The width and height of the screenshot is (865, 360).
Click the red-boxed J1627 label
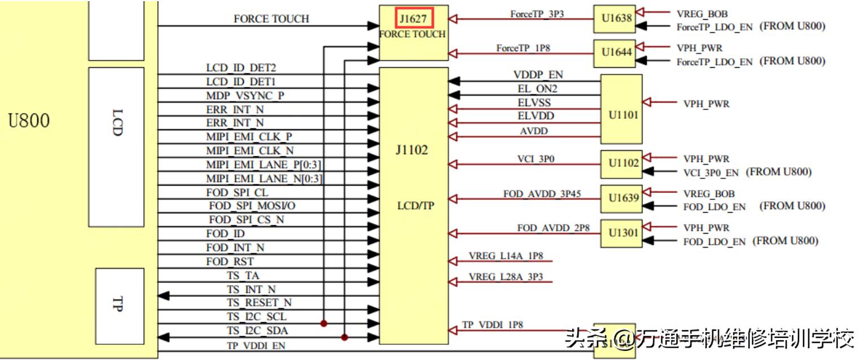(414, 19)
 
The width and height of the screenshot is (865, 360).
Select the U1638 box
(614, 19)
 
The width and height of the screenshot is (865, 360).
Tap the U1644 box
(614, 53)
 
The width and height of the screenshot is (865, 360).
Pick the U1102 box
(621, 164)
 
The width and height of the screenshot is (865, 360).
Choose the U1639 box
(621, 199)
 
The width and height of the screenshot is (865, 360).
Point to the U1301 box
(621, 233)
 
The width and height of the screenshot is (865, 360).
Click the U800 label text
(29, 120)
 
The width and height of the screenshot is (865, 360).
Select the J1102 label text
(412, 151)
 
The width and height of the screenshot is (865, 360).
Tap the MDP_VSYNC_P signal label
(245, 95)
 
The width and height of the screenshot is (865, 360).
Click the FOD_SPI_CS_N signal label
(246, 219)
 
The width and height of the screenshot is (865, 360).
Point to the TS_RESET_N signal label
(260, 303)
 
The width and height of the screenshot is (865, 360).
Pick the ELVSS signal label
(534, 103)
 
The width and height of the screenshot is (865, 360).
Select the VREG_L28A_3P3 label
(506, 277)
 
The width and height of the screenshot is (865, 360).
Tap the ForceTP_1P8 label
(523, 48)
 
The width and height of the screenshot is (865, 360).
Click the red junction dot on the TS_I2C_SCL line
(324, 324)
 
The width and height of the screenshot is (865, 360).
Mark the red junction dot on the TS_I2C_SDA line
(345, 337)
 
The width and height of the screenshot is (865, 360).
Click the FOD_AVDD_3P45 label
(542, 194)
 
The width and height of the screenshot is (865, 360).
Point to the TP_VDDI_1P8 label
(493, 325)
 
